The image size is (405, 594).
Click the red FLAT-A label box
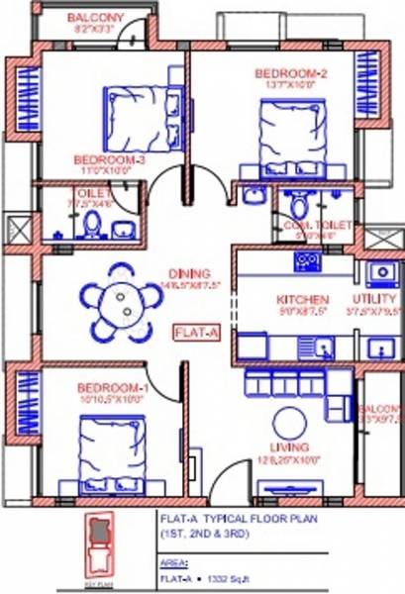point(196,333)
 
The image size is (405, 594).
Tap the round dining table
point(120,298)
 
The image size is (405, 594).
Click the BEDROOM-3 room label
point(109,159)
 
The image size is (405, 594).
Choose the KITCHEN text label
point(302,299)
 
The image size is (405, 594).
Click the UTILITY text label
point(375,299)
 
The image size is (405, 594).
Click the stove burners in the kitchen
point(306,262)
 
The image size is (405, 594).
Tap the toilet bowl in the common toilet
point(297,205)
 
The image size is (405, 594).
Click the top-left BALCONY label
point(95,18)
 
